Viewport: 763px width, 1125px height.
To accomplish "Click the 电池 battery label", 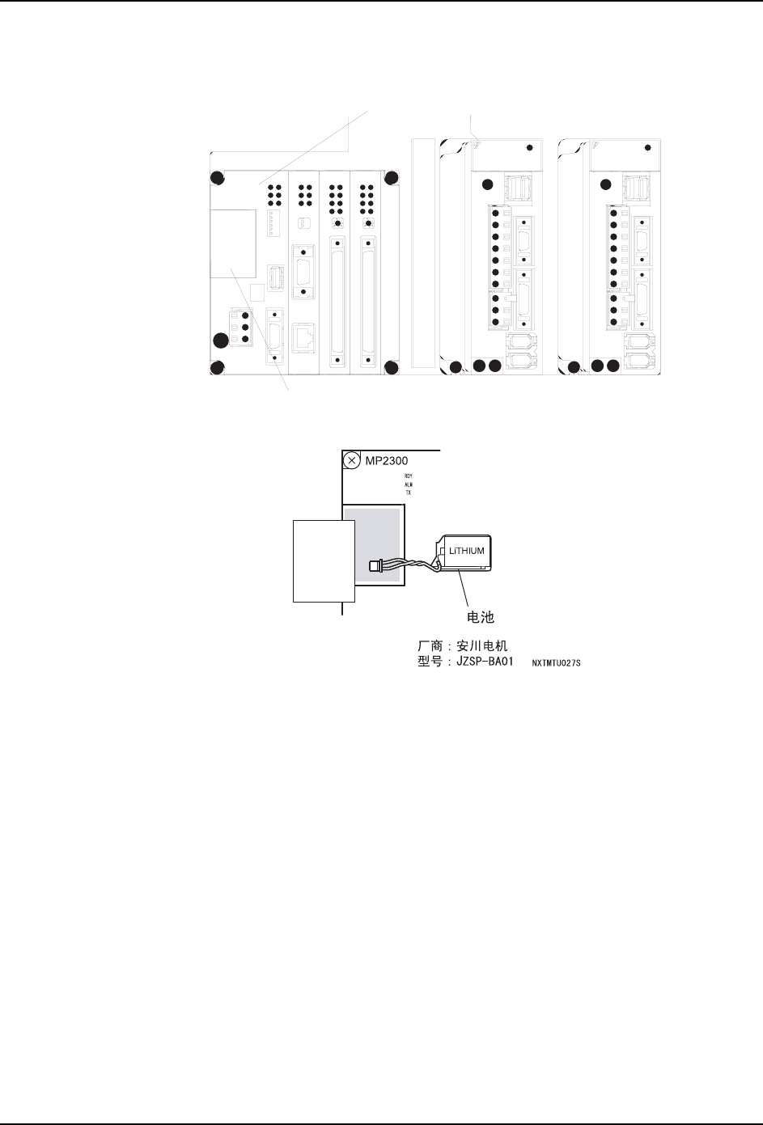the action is pyautogui.click(x=481, y=616).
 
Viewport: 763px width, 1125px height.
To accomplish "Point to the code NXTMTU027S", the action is pyautogui.click(x=557, y=663).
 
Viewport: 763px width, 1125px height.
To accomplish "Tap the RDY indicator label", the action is pyautogui.click(x=409, y=476).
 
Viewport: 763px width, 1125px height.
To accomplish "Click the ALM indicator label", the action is pyautogui.click(x=409, y=484).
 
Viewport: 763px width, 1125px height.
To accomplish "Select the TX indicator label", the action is pyautogui.click(x=409, y=493).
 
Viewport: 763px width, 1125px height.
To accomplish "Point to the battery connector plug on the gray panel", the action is pyautogui.click(x=375, y=566).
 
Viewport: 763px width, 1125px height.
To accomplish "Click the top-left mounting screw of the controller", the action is pyautogui.click(x=217, y=179).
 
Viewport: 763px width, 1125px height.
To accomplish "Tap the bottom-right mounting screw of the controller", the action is pyautogui.click(x=391, y=369).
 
